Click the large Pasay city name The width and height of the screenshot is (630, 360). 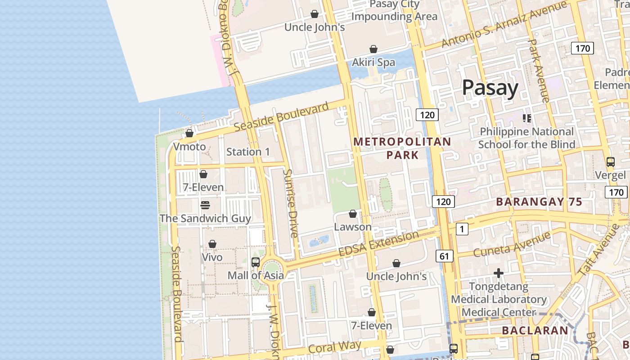point(490,88)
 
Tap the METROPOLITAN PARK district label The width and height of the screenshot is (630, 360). point(402,148)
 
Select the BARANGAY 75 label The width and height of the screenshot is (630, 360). point(539,202)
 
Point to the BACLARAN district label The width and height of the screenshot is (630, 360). point(535,331)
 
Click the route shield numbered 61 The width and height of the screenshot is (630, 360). point(444,256)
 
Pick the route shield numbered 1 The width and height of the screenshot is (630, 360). point(462,229)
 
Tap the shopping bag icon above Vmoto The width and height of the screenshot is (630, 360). point(189,133)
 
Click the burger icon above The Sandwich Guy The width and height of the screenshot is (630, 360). point(205,205)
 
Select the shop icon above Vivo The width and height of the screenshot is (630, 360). point(212,244)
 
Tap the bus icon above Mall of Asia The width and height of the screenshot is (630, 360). point(256,262)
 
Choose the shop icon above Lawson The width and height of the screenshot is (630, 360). point(353,213)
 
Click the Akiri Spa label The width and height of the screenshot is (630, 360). point(373,63)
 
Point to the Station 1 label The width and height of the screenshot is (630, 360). point(248,152)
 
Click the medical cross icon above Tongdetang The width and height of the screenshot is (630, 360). point(498,273)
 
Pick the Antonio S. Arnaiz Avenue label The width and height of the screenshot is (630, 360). point(504,24)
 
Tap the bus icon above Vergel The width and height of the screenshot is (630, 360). point(611,162)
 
